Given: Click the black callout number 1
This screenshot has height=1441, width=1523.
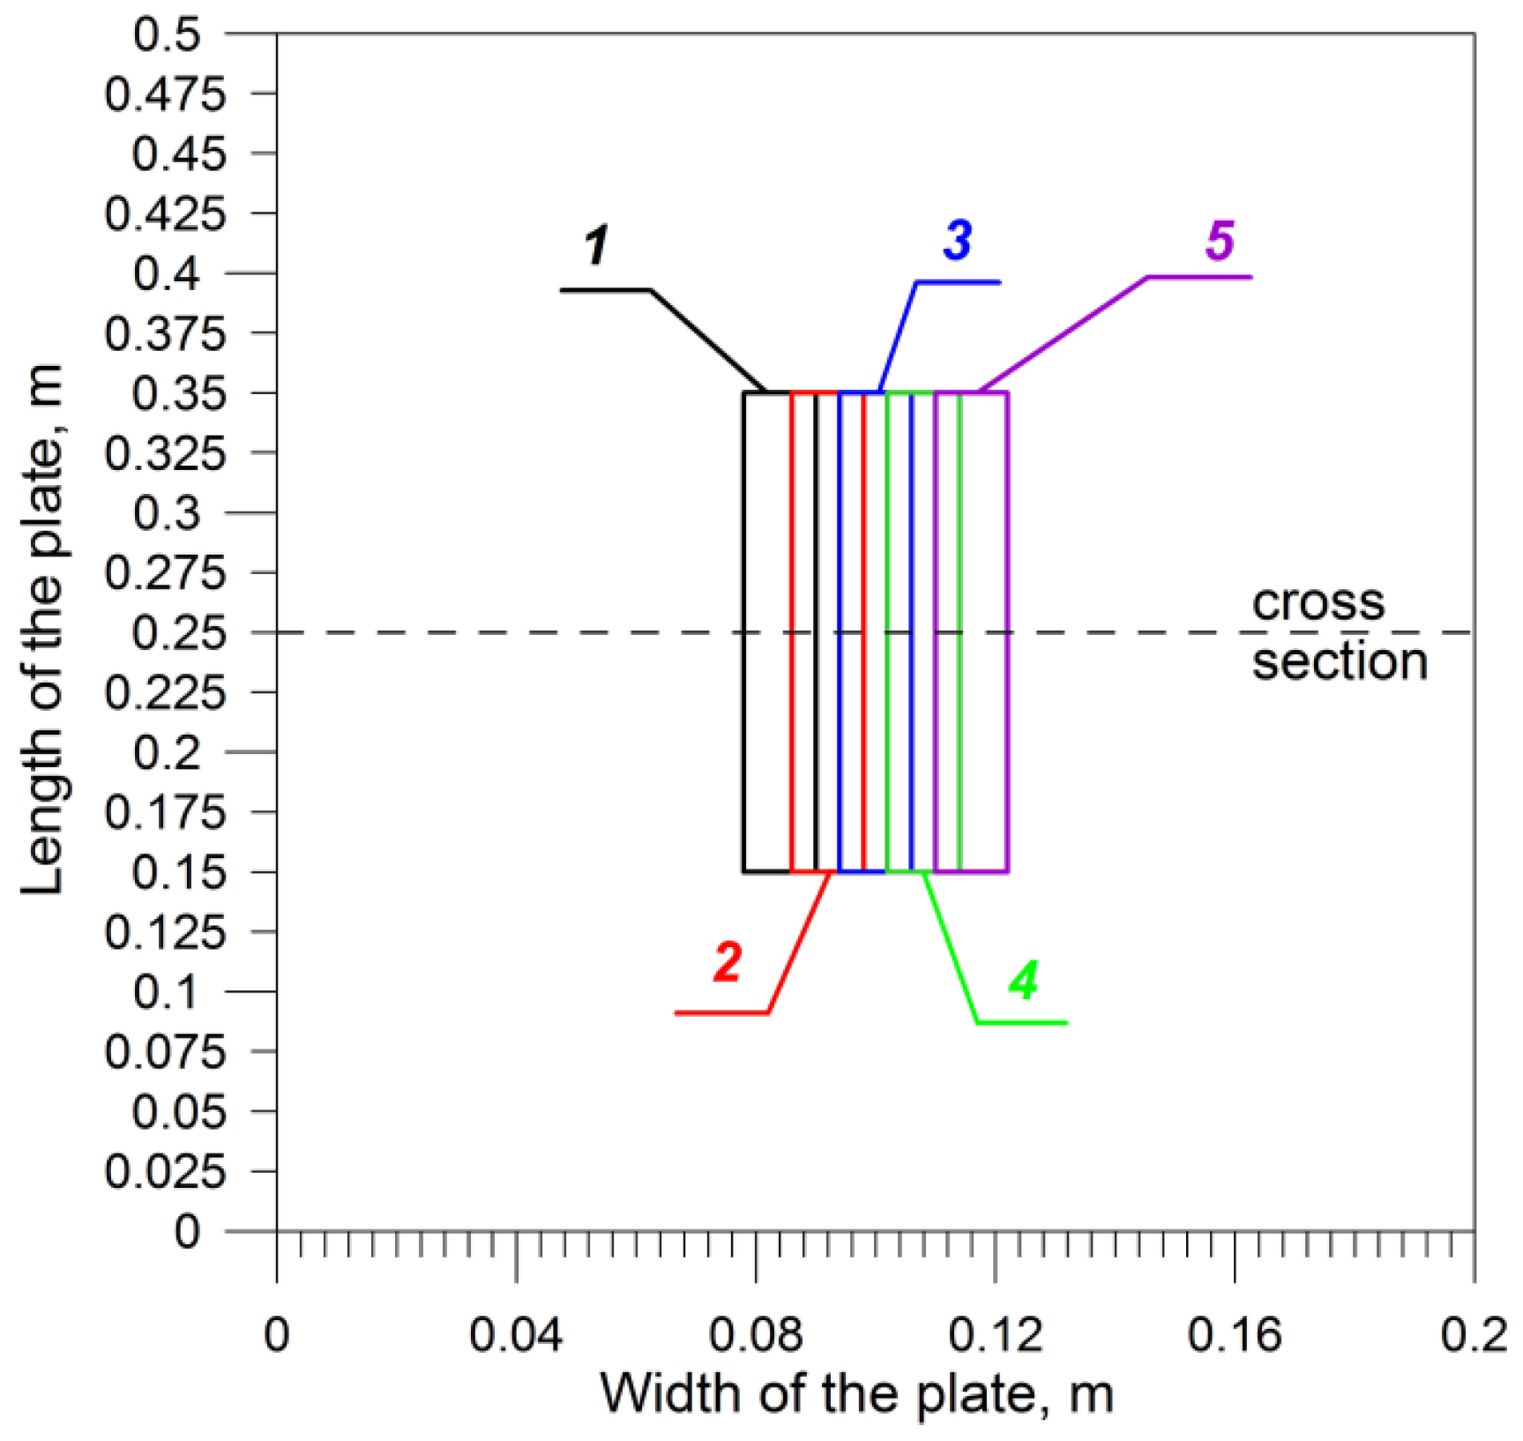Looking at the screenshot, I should point(597,245).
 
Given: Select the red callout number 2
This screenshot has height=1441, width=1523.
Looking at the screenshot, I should point(728,961).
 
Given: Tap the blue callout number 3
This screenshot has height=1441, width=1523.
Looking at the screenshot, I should point(958,239).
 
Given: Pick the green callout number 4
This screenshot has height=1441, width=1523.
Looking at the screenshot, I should point(1023,980).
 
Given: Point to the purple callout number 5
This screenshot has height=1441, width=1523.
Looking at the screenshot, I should point(1221,240).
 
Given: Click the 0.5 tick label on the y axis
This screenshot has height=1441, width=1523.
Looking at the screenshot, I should point(168,34).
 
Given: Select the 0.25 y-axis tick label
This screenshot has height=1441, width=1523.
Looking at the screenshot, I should point(168,633).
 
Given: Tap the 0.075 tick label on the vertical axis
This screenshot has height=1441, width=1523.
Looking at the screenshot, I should point(165,1052).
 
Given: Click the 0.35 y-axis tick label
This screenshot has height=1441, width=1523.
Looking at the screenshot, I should point(168,393).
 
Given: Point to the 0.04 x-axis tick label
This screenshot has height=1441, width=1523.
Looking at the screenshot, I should point(515,1335).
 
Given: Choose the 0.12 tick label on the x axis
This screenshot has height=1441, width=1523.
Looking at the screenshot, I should point(995,1335).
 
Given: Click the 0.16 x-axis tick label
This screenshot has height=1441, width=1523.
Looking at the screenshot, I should point(1234,1335).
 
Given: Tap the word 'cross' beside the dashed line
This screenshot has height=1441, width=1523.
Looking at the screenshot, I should point(1318,602).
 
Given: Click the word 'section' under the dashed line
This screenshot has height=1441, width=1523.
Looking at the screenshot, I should point(1340,661).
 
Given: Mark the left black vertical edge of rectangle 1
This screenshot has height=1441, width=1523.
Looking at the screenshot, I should point(744,631).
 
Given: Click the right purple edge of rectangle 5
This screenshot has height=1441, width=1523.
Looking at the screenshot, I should point(1007,631).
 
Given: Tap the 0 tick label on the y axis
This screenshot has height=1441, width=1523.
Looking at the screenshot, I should point(186,1231).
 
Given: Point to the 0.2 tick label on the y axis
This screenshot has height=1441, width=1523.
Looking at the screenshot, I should point(168,753).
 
